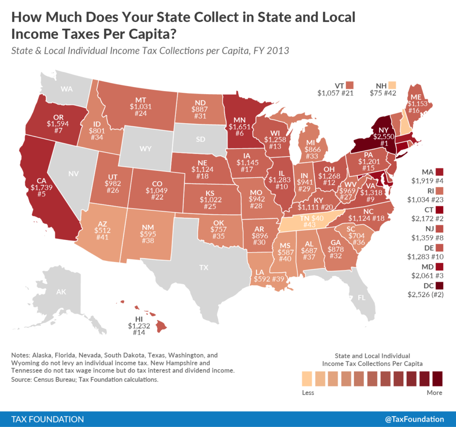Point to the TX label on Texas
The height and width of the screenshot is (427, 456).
point(204,268)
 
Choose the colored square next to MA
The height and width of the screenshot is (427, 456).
point(440,172)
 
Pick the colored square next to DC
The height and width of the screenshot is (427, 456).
point(440,285)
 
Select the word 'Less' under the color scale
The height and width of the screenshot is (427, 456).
point(308,393)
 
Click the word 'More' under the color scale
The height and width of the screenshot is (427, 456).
point(434,393)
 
